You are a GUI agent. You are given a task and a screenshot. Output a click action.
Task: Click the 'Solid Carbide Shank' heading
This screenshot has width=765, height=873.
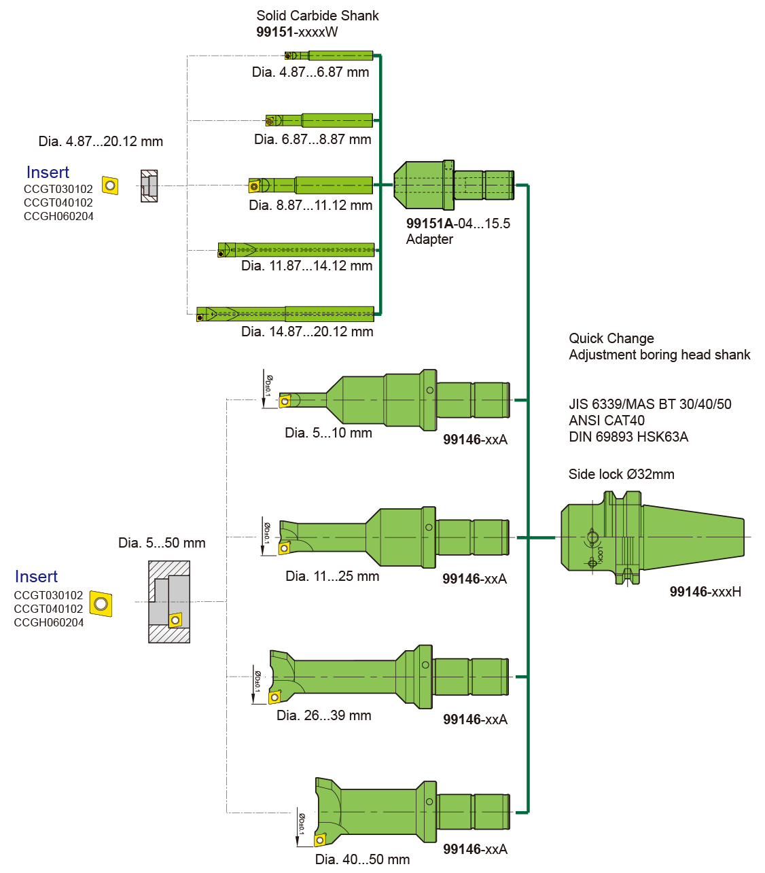pyautogui.click(x=317, y=16)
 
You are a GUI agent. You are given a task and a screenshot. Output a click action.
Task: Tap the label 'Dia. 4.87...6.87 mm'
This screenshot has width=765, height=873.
pyautogui.click(x=310, y=72)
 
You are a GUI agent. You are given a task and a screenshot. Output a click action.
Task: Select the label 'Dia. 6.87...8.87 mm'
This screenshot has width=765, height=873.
pyautogui.click(x=313, y=139)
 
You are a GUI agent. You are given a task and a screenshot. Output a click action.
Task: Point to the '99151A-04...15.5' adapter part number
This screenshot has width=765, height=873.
pyautogui.click(x=458, y=224)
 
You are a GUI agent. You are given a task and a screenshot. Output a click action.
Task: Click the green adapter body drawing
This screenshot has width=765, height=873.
pyautogui.click(x=452, y=185)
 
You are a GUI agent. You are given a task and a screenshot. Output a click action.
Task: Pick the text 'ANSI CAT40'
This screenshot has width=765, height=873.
pyautogui.click(x=606, y=421)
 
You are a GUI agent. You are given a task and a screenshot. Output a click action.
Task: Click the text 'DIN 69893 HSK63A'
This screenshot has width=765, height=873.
pyautogui.click(x=628, y=437)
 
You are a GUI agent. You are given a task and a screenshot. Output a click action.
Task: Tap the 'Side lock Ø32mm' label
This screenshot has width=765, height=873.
pyautogui.click(x=621, y=474)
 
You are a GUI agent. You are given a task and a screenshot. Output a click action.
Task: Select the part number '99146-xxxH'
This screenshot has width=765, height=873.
pyautogui.click(x=705, y=592)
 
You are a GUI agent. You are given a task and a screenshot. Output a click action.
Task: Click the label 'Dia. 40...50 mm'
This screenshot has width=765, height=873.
pyautogui.click(x=362, y=859)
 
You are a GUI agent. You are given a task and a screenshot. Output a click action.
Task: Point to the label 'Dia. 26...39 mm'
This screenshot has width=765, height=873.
pyautogui.click(x=323, y=715)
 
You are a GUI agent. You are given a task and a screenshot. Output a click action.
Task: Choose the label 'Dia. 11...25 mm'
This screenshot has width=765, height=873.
pyautogui.click(x=332, y=576)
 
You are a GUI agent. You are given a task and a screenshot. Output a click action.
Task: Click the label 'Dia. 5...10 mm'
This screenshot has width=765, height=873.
pyautogui.click(x=328, y=433)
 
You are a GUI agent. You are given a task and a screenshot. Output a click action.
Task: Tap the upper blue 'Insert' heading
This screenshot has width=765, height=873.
pyautogui.click(x=48, y=173)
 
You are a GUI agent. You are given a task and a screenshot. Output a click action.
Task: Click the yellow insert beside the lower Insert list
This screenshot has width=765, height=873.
pyautogui.click(x=101, y=603)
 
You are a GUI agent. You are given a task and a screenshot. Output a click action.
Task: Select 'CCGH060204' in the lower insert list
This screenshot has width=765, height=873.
pyautogui.click(x=49, y=622)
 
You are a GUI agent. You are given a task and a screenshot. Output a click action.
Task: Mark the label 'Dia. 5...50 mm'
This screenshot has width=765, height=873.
pyautogui.click(x=162, y=543)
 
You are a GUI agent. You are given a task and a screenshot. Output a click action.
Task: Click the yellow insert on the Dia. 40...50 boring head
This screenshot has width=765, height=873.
pyautogui.click(x=319, y=840)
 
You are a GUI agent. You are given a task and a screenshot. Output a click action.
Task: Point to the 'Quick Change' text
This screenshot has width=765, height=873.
pyautogui.click(x=611, y=338)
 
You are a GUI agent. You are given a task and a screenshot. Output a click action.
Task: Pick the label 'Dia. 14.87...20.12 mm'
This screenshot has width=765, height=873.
pyautogui.click(x=307, y=332)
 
